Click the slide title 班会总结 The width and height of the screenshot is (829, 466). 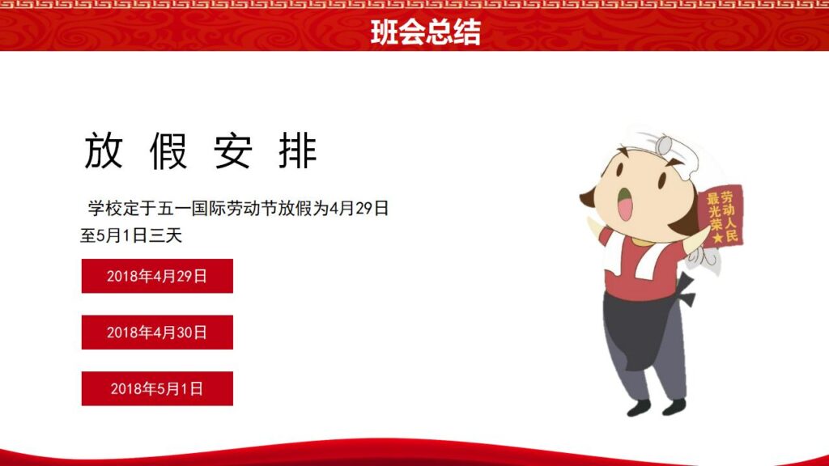coord(425,32)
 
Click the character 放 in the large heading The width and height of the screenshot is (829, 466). coord(104,150)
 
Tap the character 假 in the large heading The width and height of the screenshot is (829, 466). coord(168,150)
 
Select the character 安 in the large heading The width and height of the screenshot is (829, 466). coord(233,150)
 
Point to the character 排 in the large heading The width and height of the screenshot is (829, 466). coord(298,150)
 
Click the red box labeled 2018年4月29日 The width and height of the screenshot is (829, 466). coord(157,276)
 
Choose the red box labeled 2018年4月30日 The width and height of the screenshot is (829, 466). coord(157,333)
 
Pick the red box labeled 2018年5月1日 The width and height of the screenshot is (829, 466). coord(157,388)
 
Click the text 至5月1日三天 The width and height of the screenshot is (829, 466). coord(132,236)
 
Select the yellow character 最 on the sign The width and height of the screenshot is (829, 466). coord(712,198)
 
